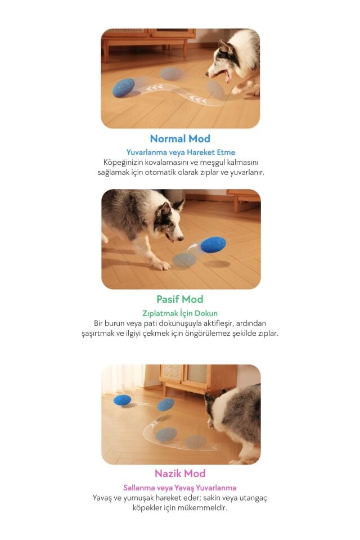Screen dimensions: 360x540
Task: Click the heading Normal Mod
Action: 180,139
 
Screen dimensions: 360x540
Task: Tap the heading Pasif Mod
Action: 180,299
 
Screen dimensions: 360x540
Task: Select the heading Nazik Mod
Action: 180,474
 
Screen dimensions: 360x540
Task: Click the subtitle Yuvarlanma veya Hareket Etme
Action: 181,152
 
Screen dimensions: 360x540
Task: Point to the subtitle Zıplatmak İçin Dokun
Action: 180,313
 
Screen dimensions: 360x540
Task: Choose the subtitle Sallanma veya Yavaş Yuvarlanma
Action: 180,488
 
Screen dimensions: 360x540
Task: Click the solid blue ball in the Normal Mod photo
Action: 124,88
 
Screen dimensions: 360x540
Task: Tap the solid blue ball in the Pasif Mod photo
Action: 213,245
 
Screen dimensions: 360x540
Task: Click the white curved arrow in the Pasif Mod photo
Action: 192,246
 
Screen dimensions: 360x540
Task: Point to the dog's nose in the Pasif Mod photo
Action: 181,238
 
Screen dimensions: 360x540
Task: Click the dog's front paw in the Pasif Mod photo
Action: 160,265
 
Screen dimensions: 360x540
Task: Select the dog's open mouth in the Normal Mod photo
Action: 226,75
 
